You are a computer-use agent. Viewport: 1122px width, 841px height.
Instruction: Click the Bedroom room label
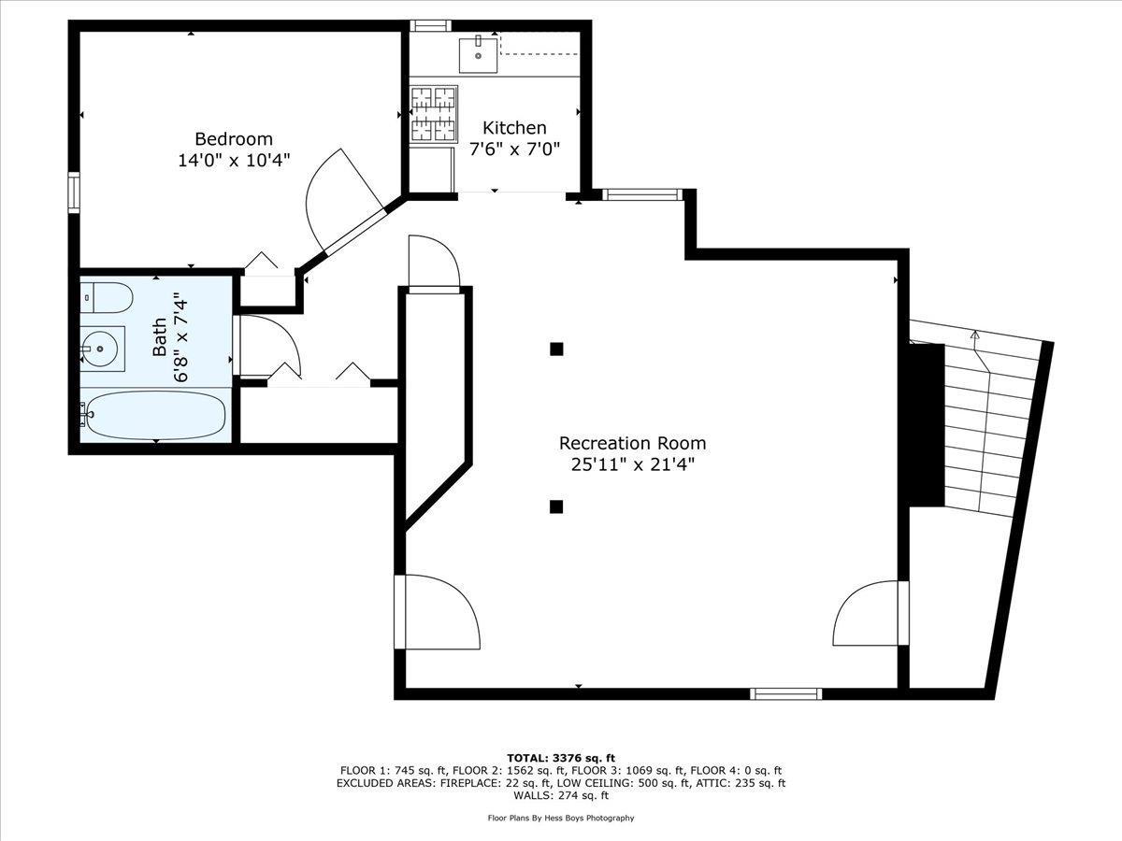[234, 139]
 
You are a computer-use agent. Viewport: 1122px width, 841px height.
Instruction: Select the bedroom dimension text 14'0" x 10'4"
[234, 161]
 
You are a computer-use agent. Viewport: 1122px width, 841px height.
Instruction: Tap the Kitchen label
[514, 128]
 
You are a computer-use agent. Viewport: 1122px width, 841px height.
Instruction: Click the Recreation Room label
[632, 443]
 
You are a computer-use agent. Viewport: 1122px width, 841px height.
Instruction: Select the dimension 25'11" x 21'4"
[632, 464]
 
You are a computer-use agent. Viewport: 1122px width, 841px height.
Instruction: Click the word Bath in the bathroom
[160, 337]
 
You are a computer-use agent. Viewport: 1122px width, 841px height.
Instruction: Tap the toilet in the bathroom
[105, 298]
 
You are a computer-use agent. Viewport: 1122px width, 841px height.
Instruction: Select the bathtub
[154, 415]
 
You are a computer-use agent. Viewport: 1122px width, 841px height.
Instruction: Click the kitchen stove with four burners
[433, 113]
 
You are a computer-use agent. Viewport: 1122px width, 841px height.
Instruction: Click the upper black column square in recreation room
[556, 349]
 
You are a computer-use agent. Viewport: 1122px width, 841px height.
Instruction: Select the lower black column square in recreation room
[556, 506]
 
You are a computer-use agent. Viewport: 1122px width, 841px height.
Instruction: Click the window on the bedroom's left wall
[74, 192]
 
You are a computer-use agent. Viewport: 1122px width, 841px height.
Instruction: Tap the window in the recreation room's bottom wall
[785, 693]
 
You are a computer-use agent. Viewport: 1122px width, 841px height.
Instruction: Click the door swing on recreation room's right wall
[870, 613]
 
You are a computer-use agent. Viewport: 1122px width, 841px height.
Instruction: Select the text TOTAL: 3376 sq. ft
[561, 758]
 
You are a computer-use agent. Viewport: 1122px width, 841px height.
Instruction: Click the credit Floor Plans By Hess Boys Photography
[561, 818]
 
